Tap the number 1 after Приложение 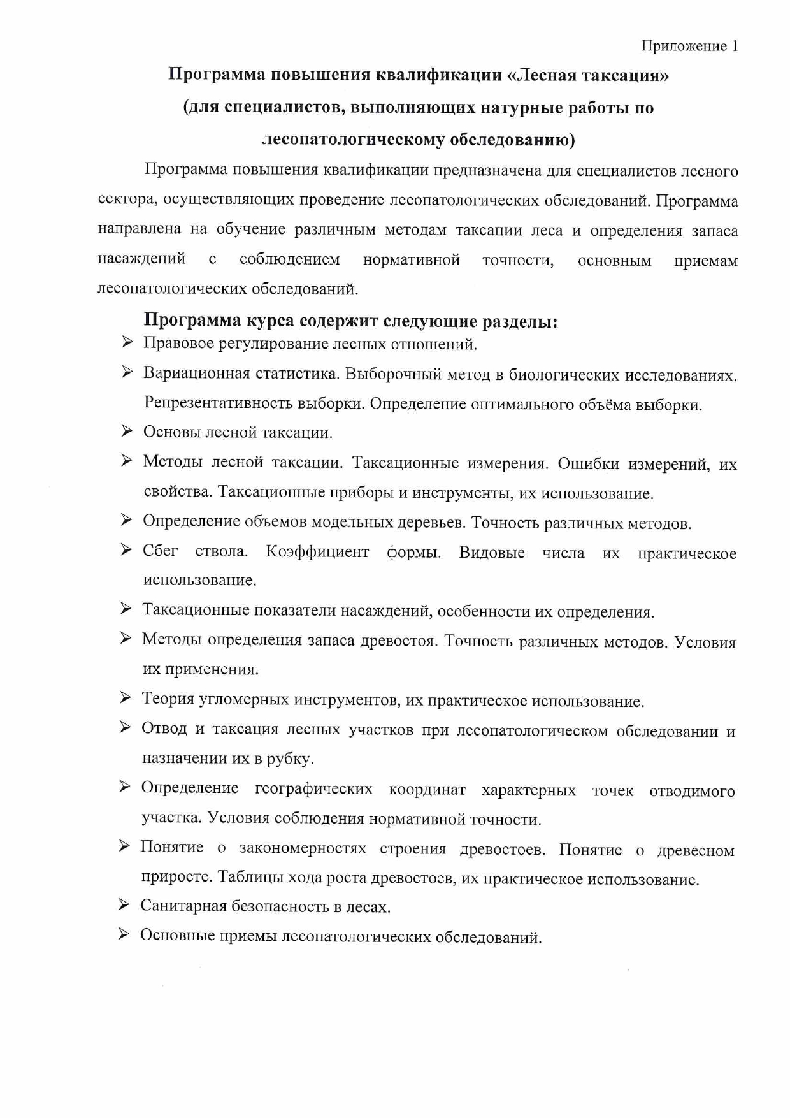click(735, 46)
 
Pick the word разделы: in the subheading click(519, 321)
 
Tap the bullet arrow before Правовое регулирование click(127, 343)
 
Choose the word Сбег click(161, 551)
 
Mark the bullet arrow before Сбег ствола click(126, 549)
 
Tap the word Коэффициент click(317, 552)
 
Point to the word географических click(313, 789)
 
